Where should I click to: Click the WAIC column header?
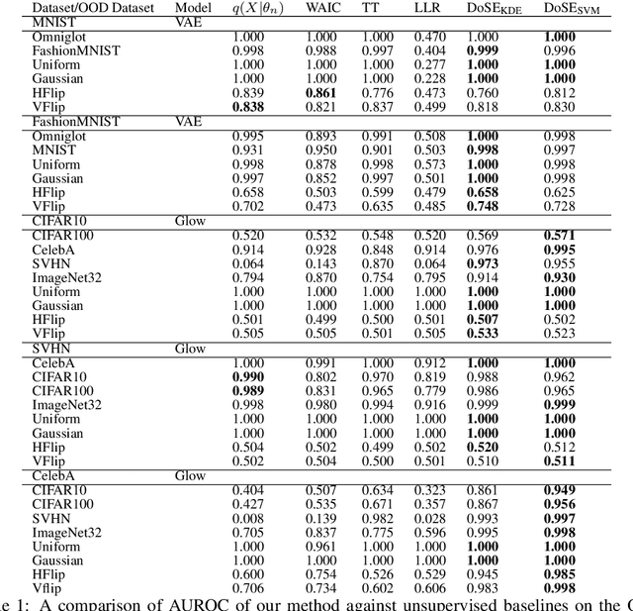(x=319, y=8)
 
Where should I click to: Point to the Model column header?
(x=192, y=8)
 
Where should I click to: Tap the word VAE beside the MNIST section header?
(x=189, y=21)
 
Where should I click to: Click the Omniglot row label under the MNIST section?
(x=54, y=36)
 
